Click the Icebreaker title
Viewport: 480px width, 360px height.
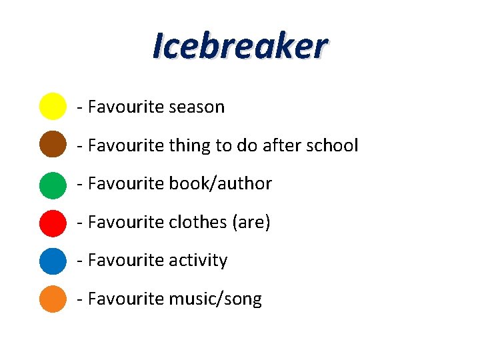(240, 46)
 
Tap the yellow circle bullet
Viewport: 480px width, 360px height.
(53, 107)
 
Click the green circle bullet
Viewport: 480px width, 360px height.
(53, 184)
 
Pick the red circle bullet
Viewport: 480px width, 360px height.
(53, 222)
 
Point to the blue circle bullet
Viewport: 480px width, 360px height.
(53, 261)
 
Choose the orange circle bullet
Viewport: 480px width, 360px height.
(53, 299)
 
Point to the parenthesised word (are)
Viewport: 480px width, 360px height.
(251, 222)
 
